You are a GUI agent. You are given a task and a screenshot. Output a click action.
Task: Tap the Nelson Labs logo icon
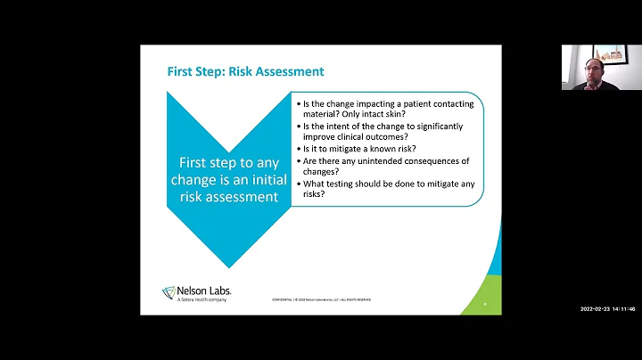click(169, 292)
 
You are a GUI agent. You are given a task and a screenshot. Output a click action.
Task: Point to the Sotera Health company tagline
click(195, 299)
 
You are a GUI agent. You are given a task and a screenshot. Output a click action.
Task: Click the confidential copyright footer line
click(322, 299)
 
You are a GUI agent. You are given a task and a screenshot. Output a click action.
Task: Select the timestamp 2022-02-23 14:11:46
click(607, 308)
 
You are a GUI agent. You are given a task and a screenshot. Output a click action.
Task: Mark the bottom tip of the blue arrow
click(229, 266)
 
